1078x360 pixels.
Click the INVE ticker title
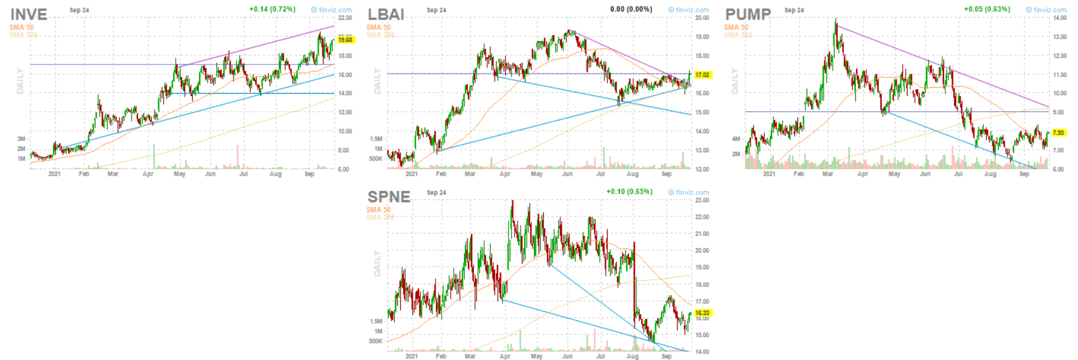29,14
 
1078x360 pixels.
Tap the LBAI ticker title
386,14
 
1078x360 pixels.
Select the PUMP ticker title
748,14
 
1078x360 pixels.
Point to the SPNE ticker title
389,196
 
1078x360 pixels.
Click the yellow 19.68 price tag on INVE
345,40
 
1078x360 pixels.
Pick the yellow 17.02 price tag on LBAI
702,75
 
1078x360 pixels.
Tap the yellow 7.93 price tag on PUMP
1059,133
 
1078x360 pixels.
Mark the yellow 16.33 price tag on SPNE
702,313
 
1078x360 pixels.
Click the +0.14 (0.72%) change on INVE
272,9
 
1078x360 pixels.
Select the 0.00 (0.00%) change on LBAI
631,9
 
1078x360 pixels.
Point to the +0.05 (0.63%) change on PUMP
987,9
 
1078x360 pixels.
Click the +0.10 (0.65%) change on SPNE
629,192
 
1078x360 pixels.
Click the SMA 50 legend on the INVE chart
21,27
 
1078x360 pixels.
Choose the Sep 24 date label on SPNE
436,193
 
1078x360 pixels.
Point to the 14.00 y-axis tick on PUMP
1059,18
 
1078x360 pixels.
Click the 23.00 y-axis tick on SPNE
702,200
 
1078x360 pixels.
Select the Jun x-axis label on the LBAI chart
567,174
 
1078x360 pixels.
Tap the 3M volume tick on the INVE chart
21,139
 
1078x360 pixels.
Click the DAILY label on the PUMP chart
734,81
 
